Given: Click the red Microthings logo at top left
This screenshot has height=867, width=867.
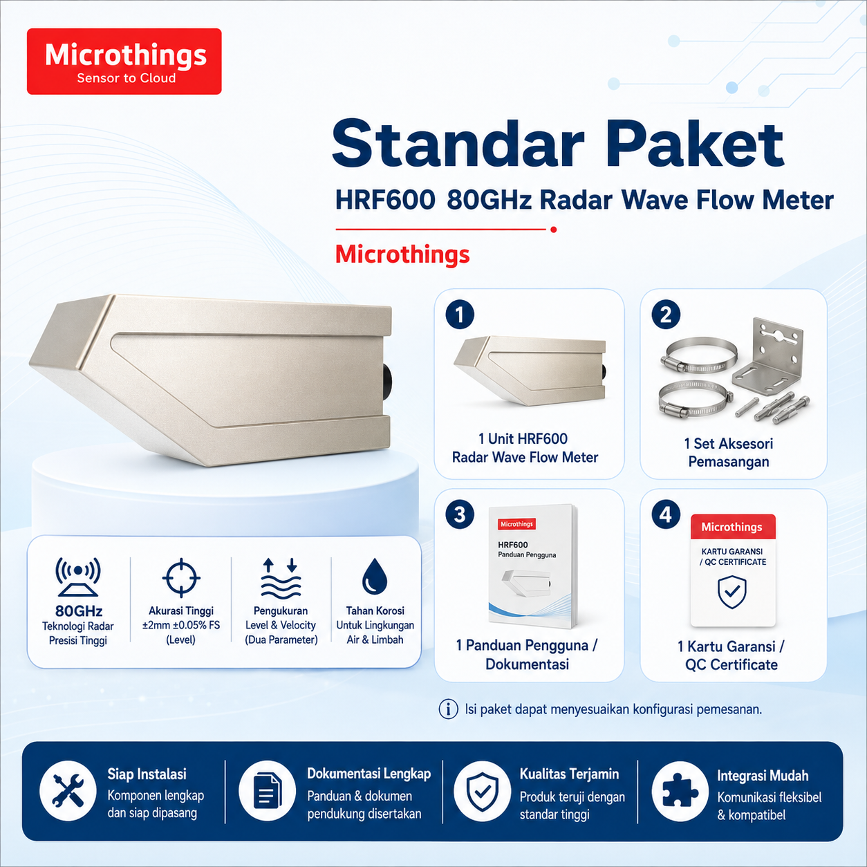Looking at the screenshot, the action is [124, 62].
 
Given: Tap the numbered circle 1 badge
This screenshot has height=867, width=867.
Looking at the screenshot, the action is [460, 315].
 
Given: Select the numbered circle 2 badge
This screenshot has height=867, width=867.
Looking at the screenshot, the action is [666, 315].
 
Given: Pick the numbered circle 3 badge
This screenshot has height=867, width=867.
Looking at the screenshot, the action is [460, 514].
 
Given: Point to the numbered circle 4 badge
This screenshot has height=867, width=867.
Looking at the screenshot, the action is [666, 514].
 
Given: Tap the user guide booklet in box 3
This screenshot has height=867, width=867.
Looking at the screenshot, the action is [533, 566].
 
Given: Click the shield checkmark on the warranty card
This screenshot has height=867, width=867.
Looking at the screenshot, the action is [732, 592].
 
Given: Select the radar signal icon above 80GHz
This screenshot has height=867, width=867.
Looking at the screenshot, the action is [78, 577].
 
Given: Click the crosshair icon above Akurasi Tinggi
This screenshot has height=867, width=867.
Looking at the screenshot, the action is [181, 578].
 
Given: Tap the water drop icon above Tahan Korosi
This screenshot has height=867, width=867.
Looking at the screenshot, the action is [374, 577].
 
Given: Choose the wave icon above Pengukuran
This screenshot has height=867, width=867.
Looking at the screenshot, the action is [281, 578].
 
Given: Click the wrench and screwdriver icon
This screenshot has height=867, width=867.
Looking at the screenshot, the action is [68, 790].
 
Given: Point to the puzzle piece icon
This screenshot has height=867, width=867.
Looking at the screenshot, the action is [680, 790].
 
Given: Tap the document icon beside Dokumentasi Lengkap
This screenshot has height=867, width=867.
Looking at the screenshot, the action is [268, 790].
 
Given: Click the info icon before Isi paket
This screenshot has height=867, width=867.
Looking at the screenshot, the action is [448, 709].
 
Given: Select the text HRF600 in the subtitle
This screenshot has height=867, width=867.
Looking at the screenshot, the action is [385, 201].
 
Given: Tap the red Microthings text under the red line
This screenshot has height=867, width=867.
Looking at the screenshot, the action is [402, 254].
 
